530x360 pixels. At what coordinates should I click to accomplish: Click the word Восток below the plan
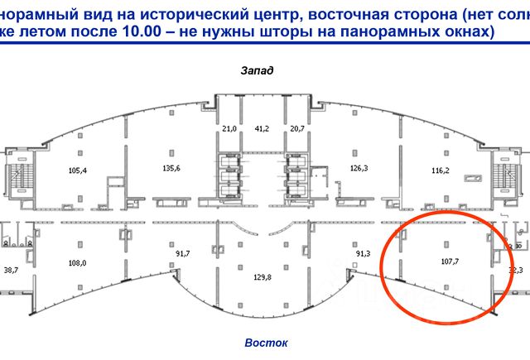[266, 342]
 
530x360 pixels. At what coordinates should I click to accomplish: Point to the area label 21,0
[229, 128]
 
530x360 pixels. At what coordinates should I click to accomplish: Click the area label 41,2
[262, 128]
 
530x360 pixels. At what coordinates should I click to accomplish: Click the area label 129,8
[263, 277]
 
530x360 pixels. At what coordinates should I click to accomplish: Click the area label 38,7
[11, 270]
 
